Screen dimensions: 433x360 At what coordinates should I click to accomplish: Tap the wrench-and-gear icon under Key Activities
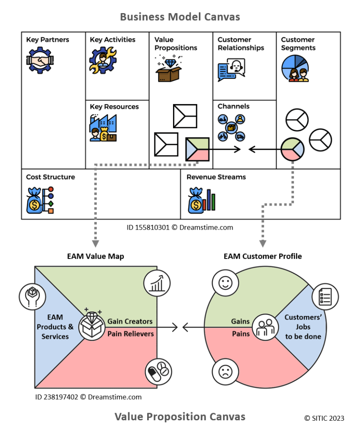[102, 60]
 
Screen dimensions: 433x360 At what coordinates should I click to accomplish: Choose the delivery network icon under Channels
[231, 127]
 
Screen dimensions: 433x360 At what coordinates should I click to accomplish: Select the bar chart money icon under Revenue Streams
[202, 199]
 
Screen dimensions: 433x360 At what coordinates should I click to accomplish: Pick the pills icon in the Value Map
[157, 373]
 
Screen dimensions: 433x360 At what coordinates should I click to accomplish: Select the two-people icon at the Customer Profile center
[266, 328]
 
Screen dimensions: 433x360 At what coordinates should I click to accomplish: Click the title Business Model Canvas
[180, 16]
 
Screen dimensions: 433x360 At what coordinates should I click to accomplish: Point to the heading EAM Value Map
[96, 256]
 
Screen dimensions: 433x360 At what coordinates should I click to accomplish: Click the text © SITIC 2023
[324, 418]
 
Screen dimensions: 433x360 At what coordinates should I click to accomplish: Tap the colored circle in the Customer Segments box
[292, 149]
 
